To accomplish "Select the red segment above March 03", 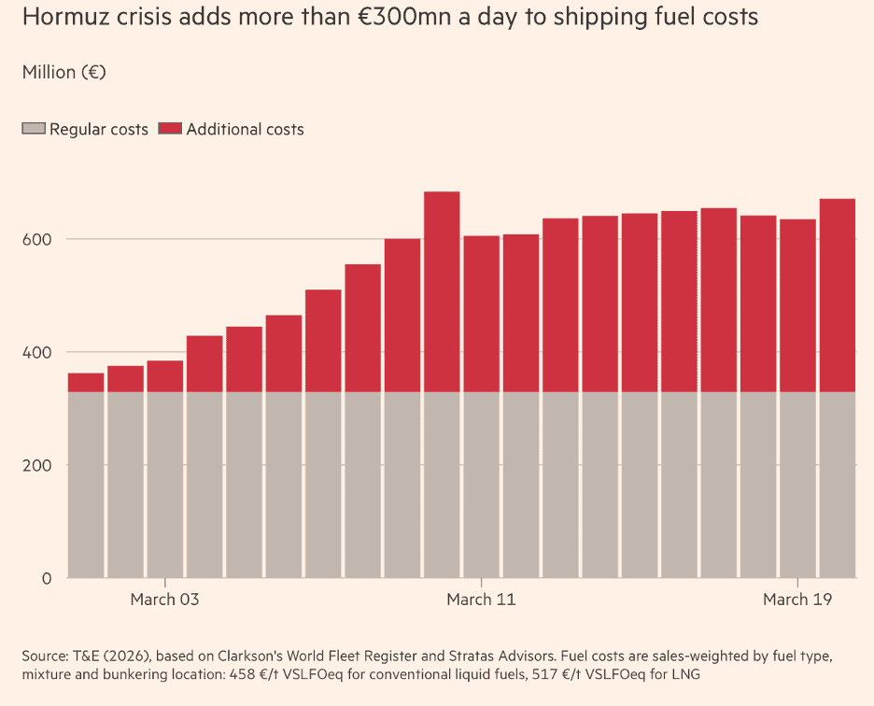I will pos(165,375).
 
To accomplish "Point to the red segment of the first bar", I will pos(86,382).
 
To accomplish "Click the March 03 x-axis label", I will pos(165,600).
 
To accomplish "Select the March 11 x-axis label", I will pos(481,600).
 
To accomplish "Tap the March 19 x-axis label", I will pos(797,600).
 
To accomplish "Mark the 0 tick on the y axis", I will pos(46,579).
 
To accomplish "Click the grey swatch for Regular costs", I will pos(34,129).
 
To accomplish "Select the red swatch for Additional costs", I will pos(170,129).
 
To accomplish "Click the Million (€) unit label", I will pos(63,72).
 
